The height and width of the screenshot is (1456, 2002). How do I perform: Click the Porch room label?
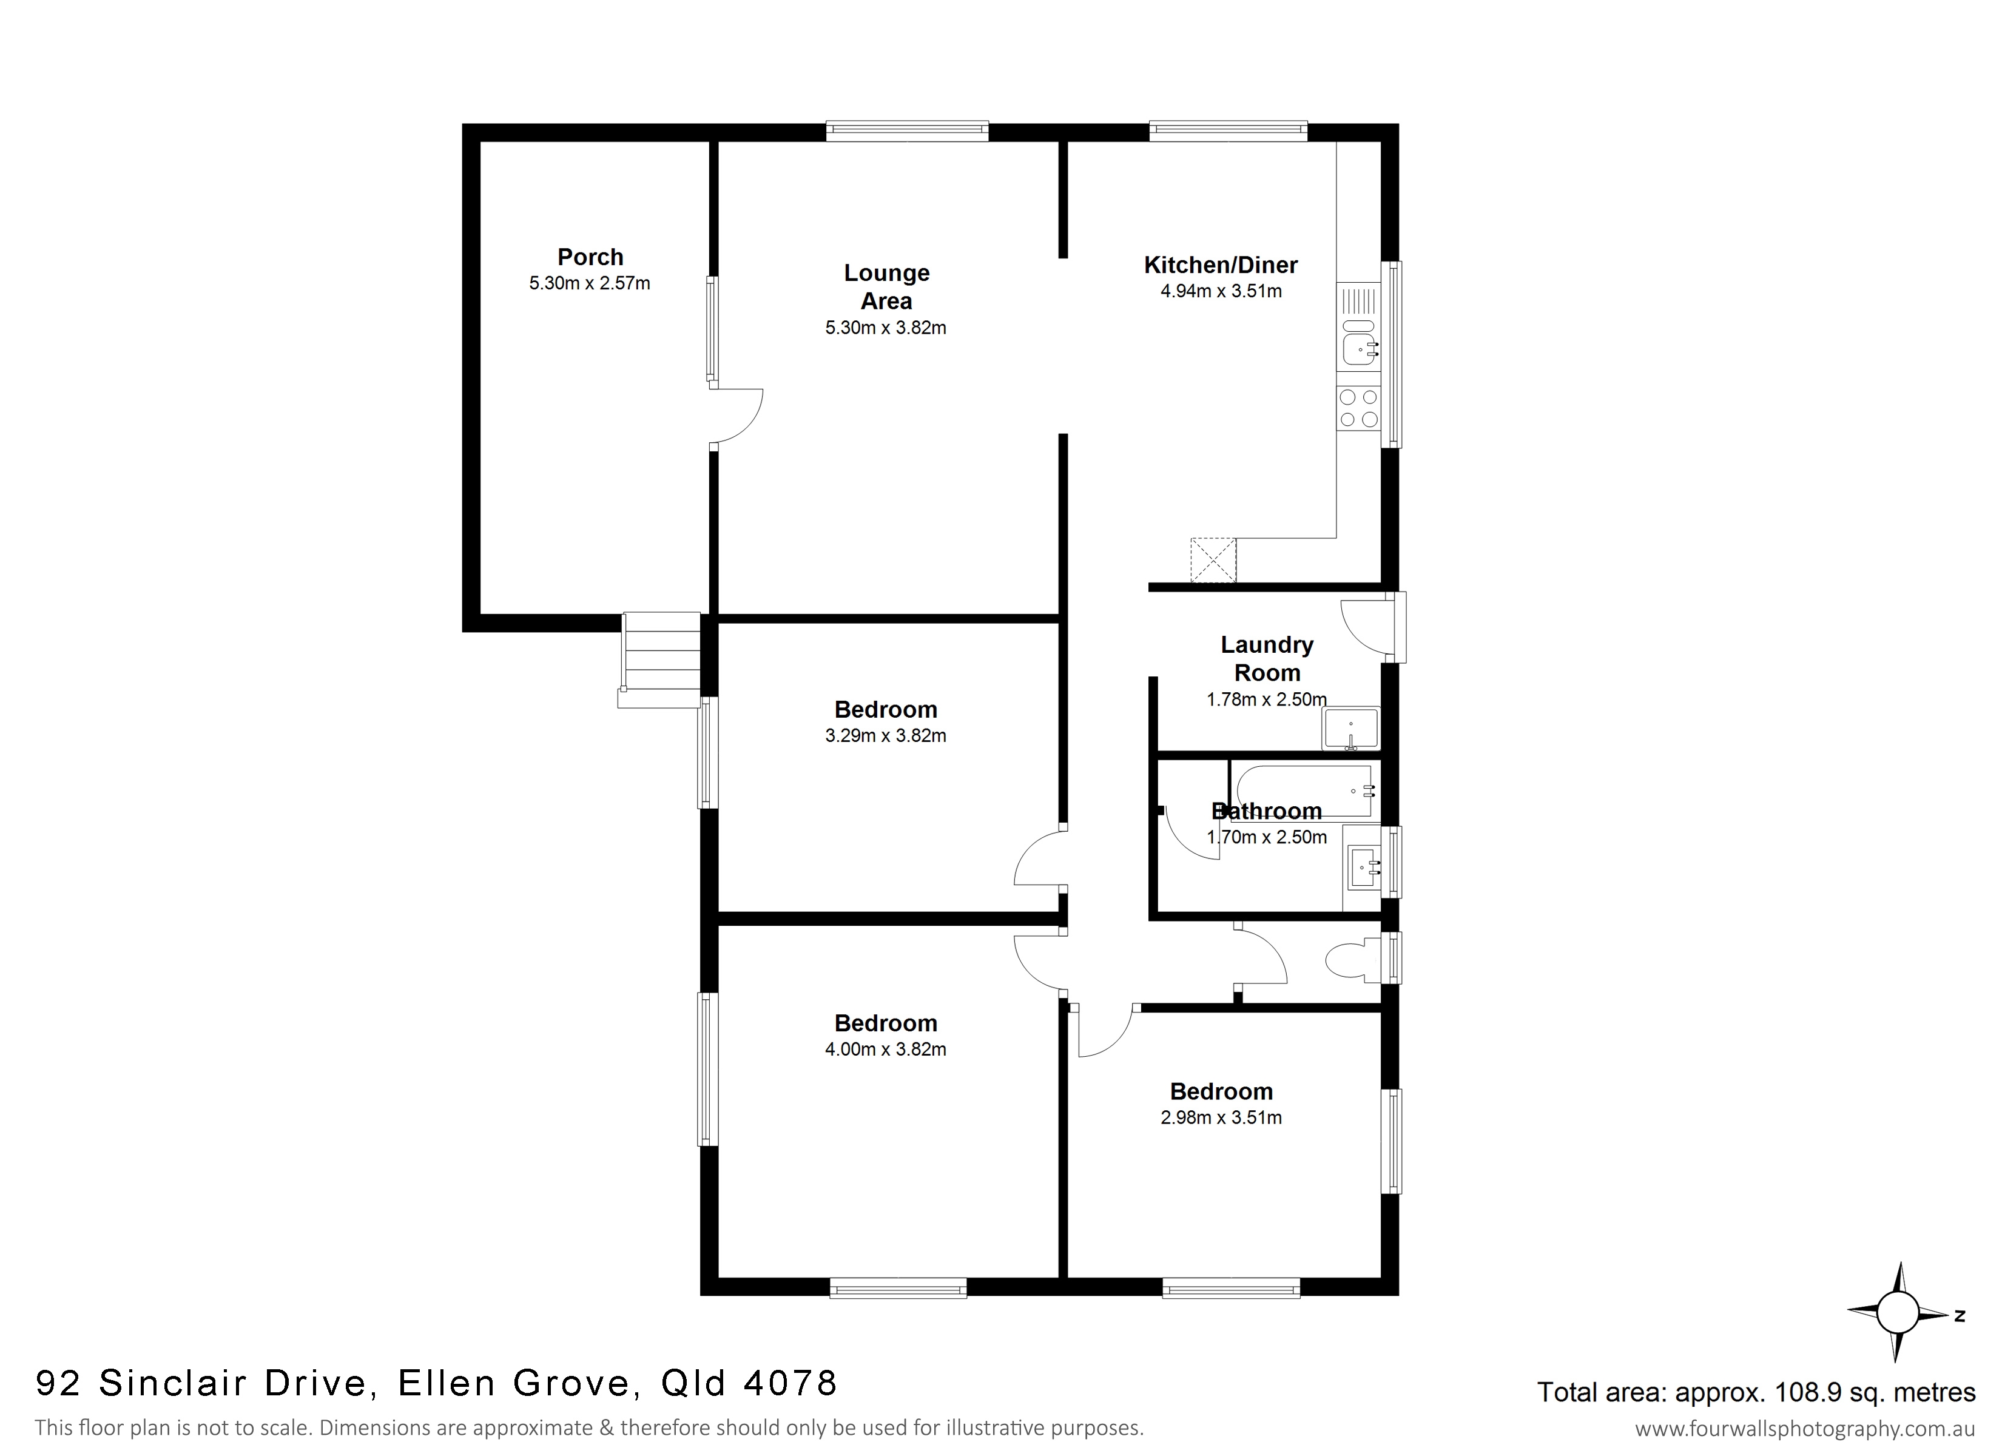click(590, 257)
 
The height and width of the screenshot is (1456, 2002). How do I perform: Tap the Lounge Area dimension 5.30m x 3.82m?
click(885, 328)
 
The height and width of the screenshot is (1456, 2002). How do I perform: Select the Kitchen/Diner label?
click(1221, 265)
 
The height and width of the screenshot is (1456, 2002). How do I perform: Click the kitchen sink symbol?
click(1360, 342)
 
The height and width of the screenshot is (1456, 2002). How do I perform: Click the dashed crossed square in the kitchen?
click(1214, 560)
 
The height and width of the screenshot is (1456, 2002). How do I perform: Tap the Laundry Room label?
click(1267, 659)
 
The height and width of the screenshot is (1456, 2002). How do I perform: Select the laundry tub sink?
click(1350, 729)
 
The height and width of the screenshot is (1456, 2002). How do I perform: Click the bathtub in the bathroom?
click(1306, 790)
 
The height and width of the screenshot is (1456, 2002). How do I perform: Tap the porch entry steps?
click(660, 659)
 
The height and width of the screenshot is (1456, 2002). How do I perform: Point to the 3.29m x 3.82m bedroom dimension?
click(885, 735)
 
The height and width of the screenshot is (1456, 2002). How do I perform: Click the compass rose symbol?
click(1898, 1312)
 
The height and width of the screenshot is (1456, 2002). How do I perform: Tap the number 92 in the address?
click(58, 1383)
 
